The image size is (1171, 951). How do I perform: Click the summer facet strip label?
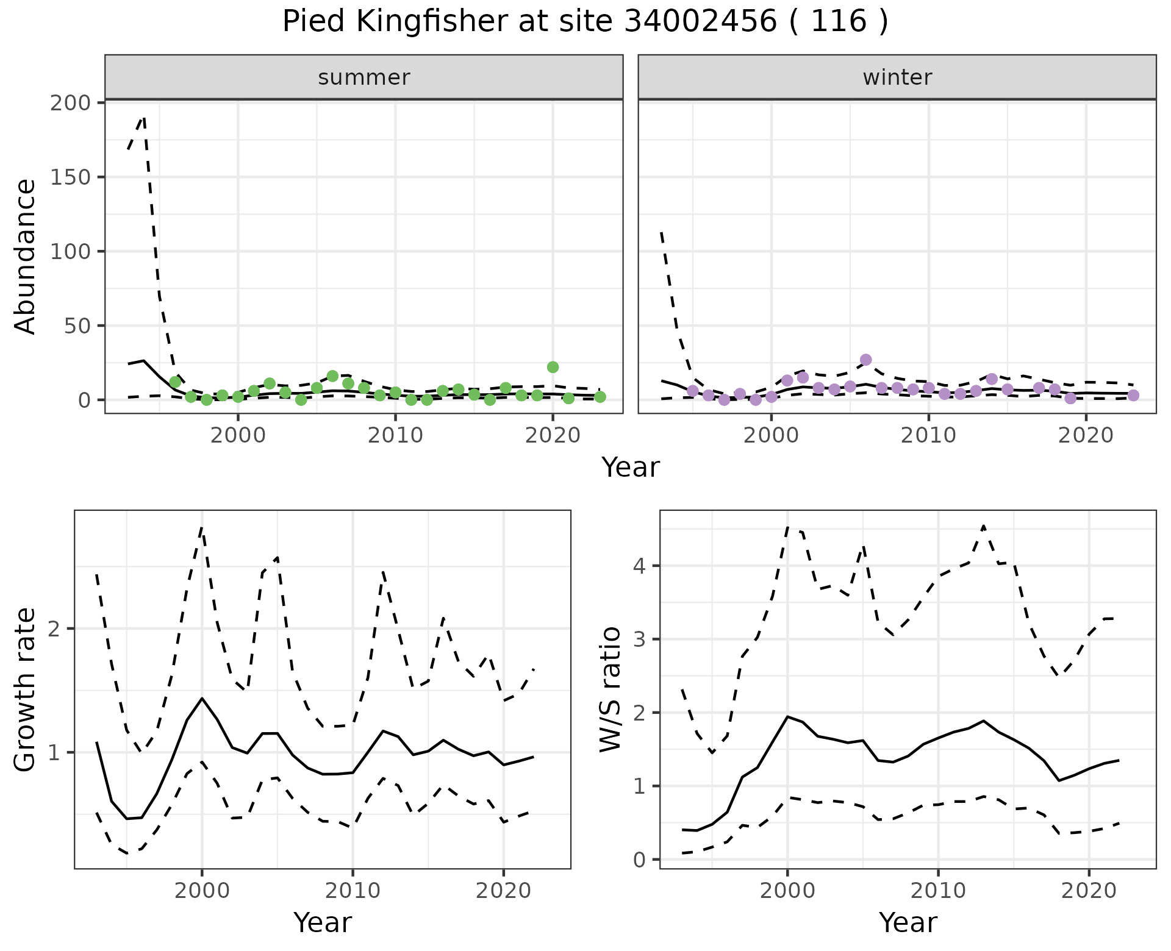(x=364, y=77)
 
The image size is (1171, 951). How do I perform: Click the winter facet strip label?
(x=897, y=77)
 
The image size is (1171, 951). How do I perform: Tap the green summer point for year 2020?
(x=553, y=367)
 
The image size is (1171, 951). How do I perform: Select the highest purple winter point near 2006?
(x=865, y=360)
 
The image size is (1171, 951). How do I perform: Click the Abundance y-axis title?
(x=26, y=256)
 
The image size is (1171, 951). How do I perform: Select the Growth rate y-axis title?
(x=26, y=689)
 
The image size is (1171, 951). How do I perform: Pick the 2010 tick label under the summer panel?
(x=395, y=436)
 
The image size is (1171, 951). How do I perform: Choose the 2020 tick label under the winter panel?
(x=1086, y=436)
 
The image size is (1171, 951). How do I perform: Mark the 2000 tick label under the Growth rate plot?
(x=202, y=891)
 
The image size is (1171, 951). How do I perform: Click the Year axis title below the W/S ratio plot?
(x=908, y=922)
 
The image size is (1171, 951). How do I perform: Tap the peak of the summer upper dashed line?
(x=143, y=117)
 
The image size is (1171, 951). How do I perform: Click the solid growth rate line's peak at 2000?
(x=202, y=698)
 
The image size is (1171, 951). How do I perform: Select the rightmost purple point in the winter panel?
(x=1133, y=395)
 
